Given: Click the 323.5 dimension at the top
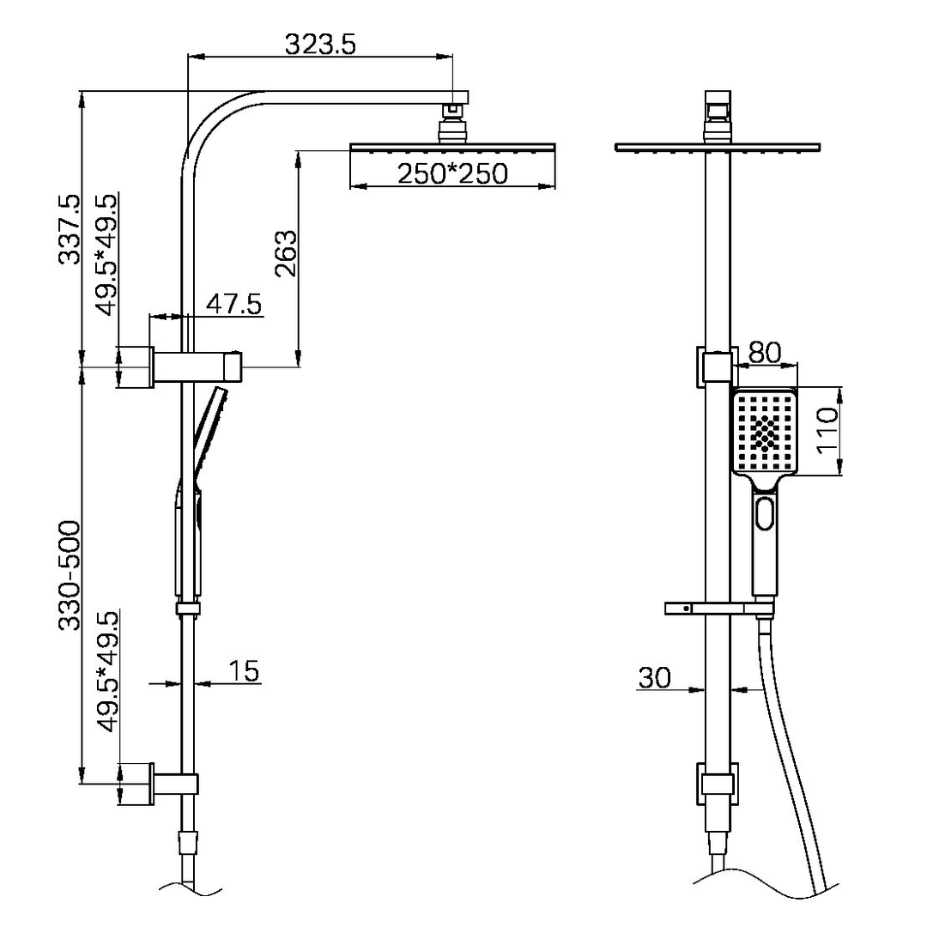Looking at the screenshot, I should click(318, 44).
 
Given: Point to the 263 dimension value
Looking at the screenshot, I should click(285, 254).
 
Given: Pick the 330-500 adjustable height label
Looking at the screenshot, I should click(69, 575).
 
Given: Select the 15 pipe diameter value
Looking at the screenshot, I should click(245, 670).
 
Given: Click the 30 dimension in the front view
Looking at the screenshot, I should click(655, 677).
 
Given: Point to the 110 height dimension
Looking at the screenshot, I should click(827, 431).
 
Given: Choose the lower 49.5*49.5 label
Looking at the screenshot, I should click(107, 671).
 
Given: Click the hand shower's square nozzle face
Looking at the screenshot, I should click(765, 431).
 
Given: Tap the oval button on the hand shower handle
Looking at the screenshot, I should click(765, 514).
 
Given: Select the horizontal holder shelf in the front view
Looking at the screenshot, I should click(717, 609).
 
